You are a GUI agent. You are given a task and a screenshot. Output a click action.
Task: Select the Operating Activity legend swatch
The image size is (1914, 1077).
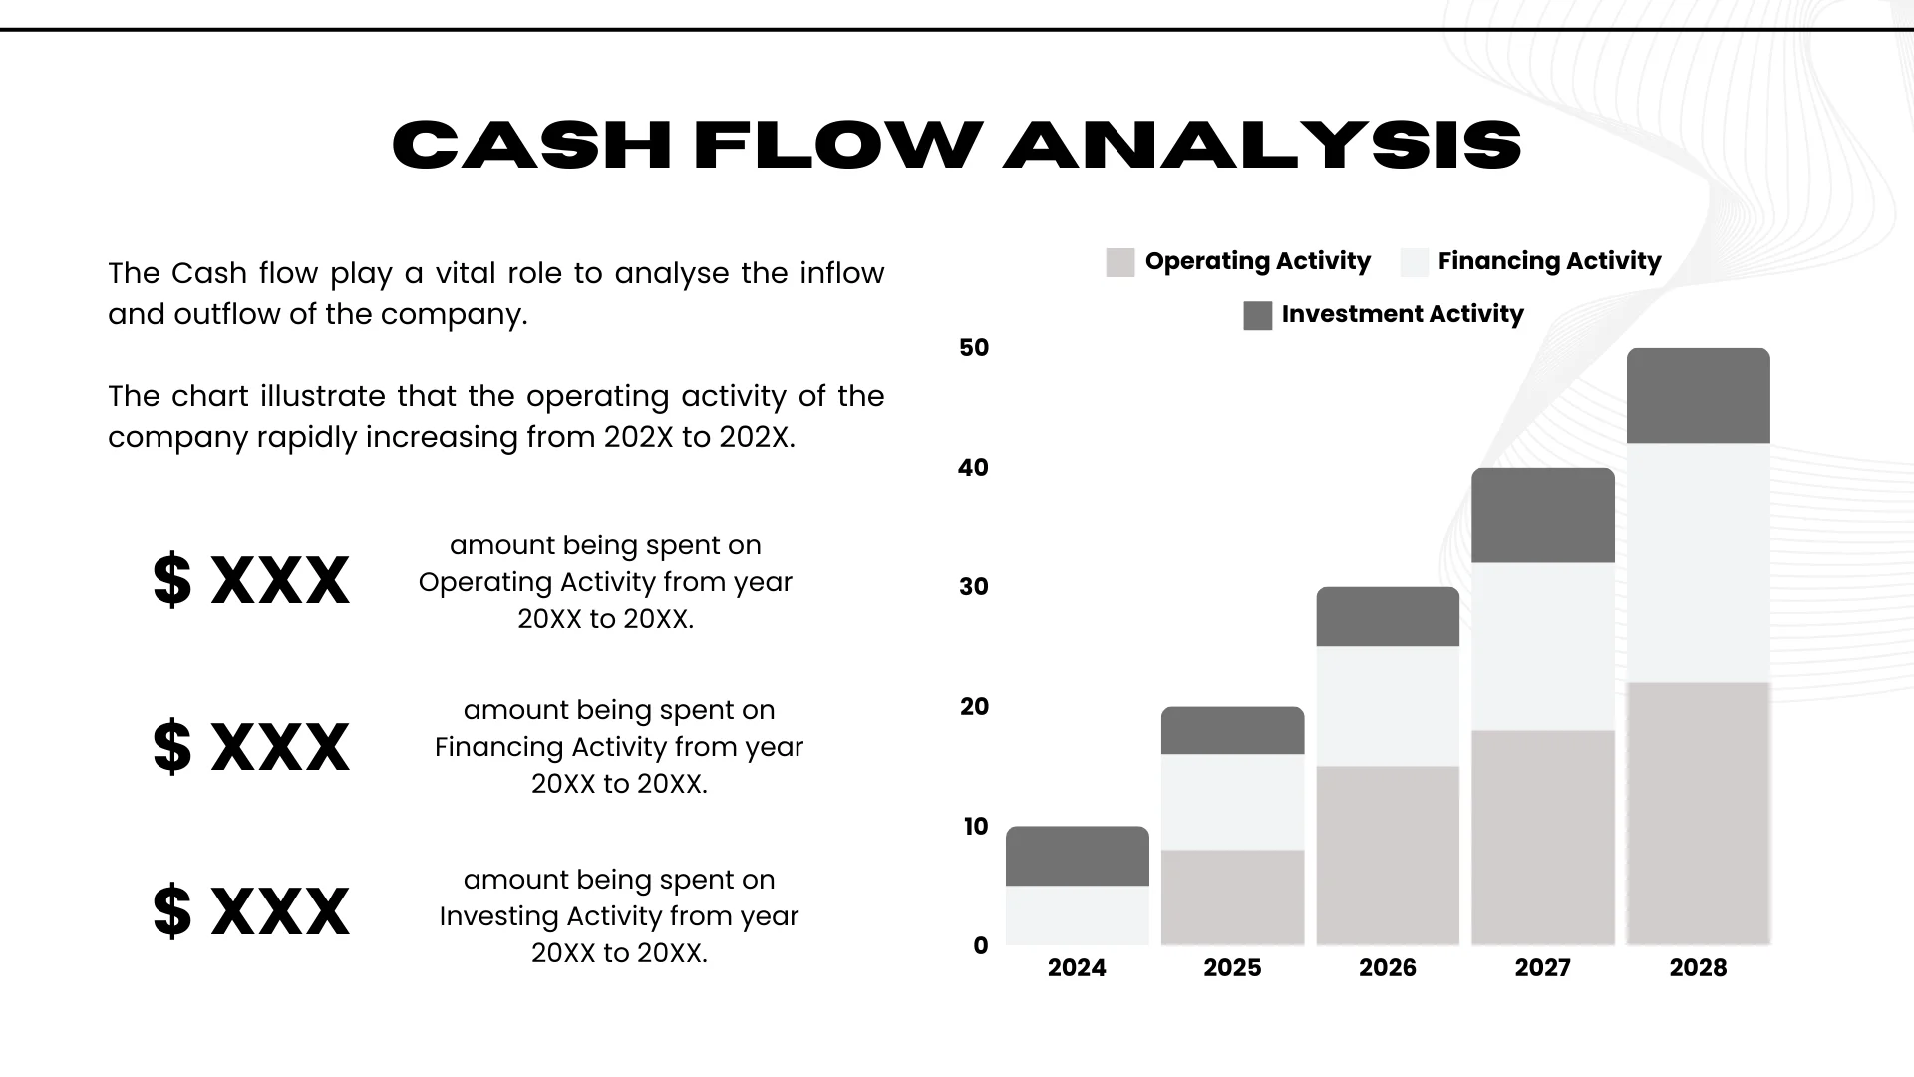[1120, 262]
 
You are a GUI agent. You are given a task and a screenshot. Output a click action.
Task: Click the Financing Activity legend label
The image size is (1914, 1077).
[1549, 261]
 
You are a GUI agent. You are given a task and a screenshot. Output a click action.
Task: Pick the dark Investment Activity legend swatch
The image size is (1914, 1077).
[1258, 315]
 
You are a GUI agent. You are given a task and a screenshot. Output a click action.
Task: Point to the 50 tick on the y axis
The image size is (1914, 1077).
[974, 347]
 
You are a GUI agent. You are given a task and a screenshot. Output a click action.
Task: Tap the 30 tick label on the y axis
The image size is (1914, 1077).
[974, 586]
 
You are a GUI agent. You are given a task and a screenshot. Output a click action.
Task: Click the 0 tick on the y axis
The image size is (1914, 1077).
[981, 945]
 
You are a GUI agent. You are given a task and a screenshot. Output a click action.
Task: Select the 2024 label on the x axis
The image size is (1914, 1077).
[1077, 967]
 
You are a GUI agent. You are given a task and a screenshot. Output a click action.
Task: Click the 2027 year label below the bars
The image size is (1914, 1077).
[1542, 967]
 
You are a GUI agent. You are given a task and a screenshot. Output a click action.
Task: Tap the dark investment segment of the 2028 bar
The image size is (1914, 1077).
[1698, 396]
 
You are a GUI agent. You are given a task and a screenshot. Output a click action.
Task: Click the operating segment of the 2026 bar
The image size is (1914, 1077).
[1388, 855]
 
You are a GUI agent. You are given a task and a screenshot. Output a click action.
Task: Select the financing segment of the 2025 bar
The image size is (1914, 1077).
[1232, 802]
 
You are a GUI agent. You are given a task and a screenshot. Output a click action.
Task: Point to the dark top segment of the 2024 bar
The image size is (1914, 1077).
[1077, 856]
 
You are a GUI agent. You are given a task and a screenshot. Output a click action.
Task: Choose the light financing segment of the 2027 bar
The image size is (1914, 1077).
[1542, 646]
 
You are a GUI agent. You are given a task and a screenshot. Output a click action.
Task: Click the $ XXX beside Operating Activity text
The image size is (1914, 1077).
[251, 580]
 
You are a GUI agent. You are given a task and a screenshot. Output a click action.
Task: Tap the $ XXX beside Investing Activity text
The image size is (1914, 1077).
[251, 910]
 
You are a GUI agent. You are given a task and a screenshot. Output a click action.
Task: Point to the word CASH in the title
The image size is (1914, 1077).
[531, 144]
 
